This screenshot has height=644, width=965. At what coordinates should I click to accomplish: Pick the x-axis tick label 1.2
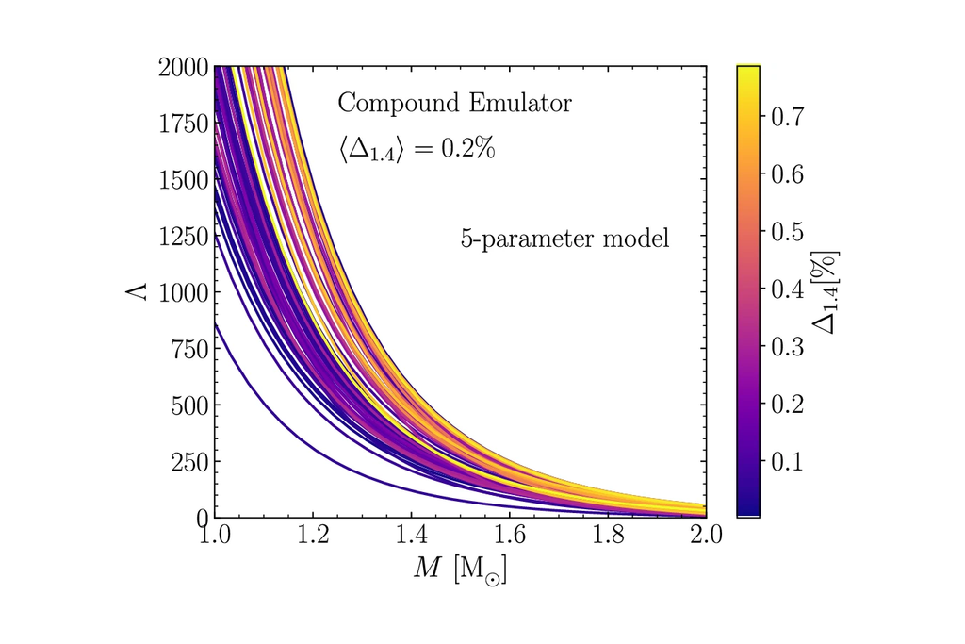coord(313,537)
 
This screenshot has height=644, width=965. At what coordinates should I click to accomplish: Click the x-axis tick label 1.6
coord(510,537)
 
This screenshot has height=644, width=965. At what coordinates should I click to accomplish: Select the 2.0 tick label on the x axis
coord(706,537)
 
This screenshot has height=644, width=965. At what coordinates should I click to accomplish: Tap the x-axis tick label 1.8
coord(608,537)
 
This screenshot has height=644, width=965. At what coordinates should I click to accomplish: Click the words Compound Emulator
coord(454,103)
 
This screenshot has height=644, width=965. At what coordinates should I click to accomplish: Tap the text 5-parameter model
coord(564,239)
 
